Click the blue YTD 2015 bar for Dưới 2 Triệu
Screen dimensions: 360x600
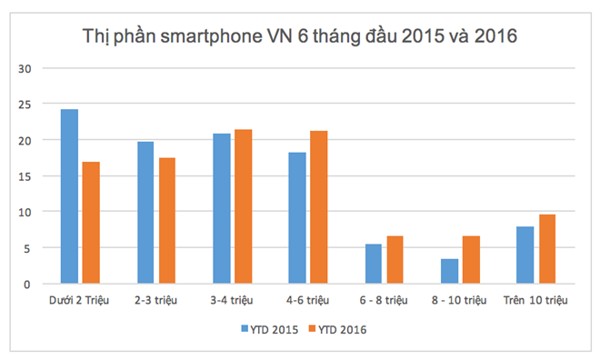tap(69, 196)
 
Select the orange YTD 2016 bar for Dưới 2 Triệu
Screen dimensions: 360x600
tap(91, 223)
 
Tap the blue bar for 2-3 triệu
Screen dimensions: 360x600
tap(145, 213)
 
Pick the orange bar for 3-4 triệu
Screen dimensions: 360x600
tap(243, 206)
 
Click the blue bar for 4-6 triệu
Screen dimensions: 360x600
tap(297, 218)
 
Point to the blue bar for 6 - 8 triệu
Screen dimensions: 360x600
tap(374, 264)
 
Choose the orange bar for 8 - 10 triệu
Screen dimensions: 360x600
tap(472, 260)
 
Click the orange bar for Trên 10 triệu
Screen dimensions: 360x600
tap(547, 249)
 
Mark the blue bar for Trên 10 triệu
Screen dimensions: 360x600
tap(525, 255)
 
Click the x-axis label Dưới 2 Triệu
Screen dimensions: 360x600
tap(80, 299)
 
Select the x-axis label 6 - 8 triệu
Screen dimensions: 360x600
tap(384, 299)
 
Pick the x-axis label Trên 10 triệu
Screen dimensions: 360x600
tap(536, 299)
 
